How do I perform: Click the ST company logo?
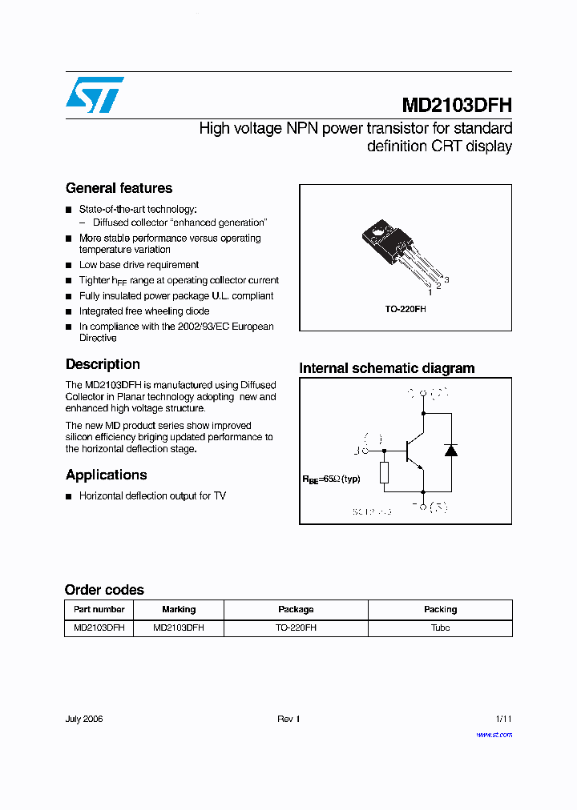click(95, 94)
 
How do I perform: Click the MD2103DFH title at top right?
click(456, 106)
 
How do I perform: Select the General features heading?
click(119, 188)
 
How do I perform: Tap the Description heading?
click(103, 364)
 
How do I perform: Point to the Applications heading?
click(106, 475)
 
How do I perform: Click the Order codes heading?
click(104, 590)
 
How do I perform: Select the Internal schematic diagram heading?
click(386, 368)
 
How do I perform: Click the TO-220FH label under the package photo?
click(405, 308)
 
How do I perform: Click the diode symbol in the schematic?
click(450, 450)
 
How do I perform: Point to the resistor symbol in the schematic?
click(384, 472)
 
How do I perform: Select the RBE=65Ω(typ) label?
click(331, 479)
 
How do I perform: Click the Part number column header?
click(99, 609)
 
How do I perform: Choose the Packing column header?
click(440, 609)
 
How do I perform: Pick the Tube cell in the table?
click(440, 628)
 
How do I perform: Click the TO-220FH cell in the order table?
click(296, 628)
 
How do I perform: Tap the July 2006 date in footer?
click(84, 719)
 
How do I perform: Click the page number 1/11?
click(503, 719)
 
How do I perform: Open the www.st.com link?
click(494, 734)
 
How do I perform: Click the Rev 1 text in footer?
click(288, 719)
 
